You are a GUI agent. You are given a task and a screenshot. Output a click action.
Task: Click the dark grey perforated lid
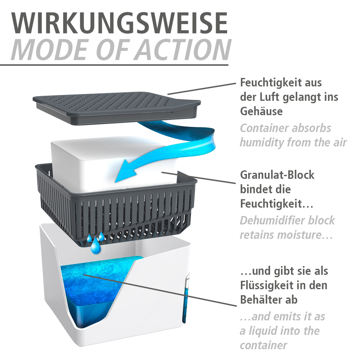click(115, 104)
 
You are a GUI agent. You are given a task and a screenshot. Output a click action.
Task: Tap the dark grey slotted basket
click(119, 209)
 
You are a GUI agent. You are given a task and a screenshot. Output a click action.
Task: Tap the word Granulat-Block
click(277, 175)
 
